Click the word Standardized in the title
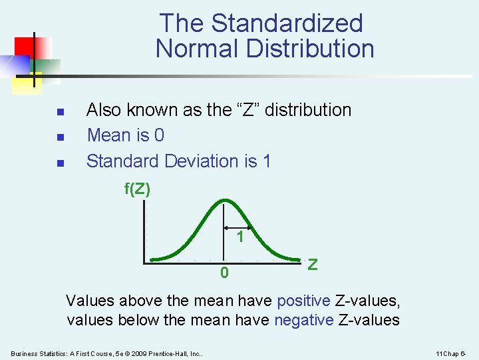tap(287, 23)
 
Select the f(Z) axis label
tap(138, 189)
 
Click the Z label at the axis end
tap(313, 264)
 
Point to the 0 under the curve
tap(225, 273)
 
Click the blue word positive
tap(303, 301)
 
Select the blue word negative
tap(303, 320)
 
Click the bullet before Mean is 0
tap(60, 137)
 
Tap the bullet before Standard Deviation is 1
tap(60, 162)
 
